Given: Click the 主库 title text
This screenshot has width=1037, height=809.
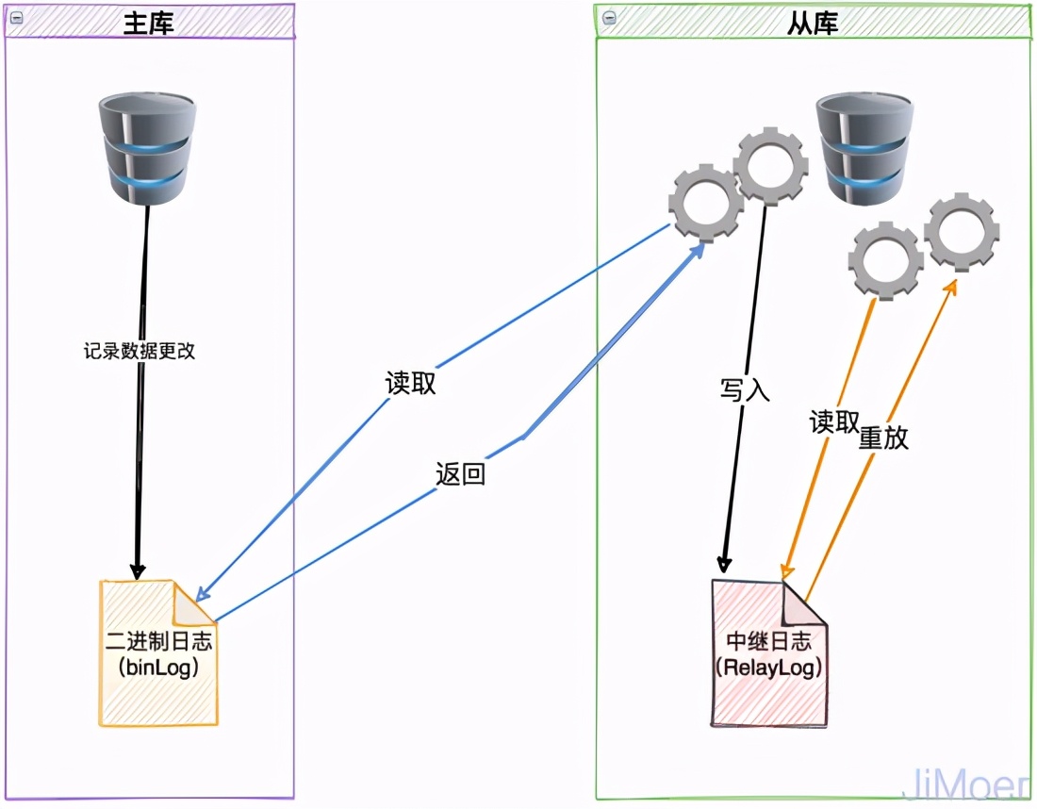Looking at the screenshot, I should pos(149,23).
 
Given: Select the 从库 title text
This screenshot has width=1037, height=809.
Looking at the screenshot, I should pos(813,23).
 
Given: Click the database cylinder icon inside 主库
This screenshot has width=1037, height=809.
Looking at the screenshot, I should pos(148,149).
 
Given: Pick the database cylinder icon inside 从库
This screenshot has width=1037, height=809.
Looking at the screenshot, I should pos(864,149).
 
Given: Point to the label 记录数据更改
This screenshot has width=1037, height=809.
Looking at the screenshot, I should pos(139,351).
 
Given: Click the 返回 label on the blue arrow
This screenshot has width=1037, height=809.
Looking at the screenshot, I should pos(460,473).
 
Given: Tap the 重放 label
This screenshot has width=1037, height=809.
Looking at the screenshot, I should pos(883,438).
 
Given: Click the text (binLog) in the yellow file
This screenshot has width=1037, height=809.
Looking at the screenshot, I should pos(159,668).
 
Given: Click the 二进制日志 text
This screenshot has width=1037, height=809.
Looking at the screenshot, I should pos(159,642).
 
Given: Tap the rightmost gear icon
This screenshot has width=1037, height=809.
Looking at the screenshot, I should pos(962,230).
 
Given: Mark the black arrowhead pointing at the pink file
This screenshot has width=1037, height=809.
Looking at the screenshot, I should pos(724,565).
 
